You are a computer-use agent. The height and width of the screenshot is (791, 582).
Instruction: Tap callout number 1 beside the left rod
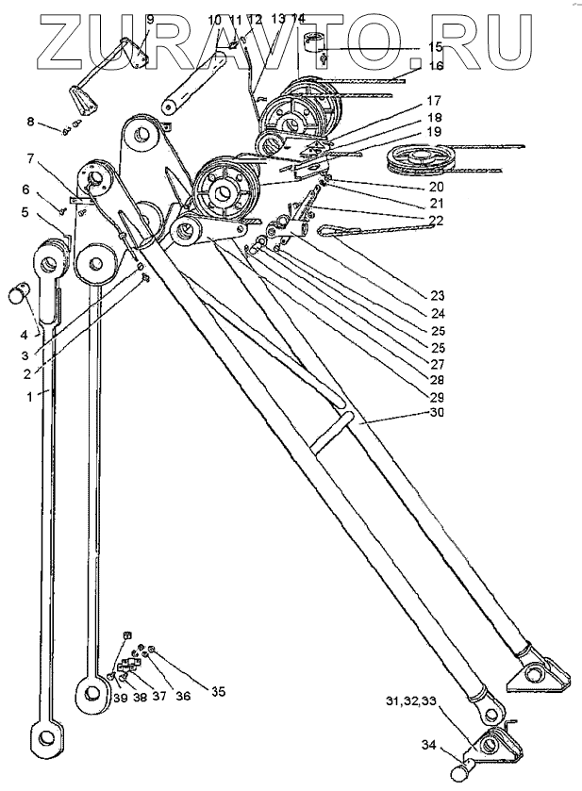pos(30,397)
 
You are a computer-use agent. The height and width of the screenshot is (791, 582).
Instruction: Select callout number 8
pos(31,121)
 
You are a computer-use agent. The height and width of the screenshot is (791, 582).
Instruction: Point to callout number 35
pos(218,692)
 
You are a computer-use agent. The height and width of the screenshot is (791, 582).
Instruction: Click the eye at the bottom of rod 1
pos(43,734)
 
